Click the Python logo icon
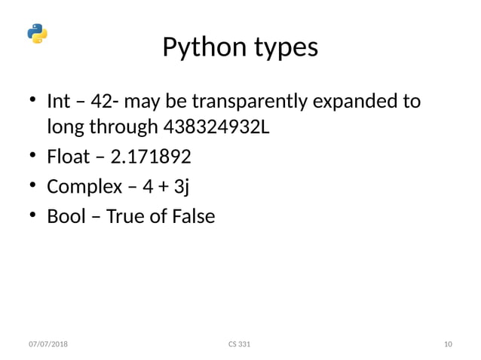point(37,34)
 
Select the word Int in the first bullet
point(58,101)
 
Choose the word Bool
point(65,217)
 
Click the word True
point(124,217)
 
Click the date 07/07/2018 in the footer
point(47,344)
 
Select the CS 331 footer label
point(239,344)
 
